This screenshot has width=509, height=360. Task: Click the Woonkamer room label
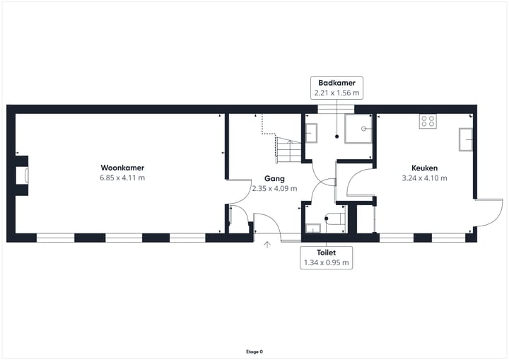click(x=122, y=168)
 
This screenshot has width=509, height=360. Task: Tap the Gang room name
click(x=274, y=178)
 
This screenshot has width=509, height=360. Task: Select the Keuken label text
click(x=424, y=168)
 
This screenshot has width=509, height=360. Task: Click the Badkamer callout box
click(x=337, y=88)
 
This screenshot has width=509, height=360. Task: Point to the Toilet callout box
click(x=326, y=257)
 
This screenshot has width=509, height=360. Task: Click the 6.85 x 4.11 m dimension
click(x=122, y=178)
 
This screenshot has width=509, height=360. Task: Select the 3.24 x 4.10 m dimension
click(x=424, y=178)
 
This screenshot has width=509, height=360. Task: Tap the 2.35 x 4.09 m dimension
click(x=274, y=188)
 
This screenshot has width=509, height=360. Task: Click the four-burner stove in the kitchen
click(x=428, y=121)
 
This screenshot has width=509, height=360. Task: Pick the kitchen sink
click(x=465, y=139)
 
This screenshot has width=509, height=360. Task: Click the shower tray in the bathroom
click(x=358, y=129)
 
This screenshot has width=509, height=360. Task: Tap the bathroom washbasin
click(x=311, y=133)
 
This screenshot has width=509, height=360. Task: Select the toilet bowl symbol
click(x=334, y=219)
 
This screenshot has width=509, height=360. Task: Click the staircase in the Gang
click(x=288, y=151)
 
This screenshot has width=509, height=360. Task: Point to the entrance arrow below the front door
click(x=267, y=245)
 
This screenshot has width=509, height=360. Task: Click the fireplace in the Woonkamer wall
click(x=22, y=176)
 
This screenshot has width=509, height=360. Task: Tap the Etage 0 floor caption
click(x=255, y=352)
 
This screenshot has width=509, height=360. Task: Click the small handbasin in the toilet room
click(x=313, y=228)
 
